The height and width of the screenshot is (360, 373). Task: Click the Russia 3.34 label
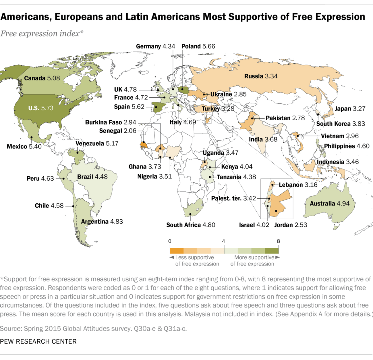pos(261,76)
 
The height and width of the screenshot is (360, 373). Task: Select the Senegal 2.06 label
pos(118,130)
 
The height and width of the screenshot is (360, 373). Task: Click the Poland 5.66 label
pos(198,46)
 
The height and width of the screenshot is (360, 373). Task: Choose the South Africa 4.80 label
pos(191,224)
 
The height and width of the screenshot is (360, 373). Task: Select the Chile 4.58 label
pos(49,205)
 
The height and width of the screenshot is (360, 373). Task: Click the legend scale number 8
pos(278,241)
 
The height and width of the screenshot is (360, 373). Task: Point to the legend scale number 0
pos(170,241)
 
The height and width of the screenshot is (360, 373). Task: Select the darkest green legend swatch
pos(271,251)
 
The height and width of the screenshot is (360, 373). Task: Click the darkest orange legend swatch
pos(177,251)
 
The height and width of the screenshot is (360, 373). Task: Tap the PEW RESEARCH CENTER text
pos(38,341)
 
